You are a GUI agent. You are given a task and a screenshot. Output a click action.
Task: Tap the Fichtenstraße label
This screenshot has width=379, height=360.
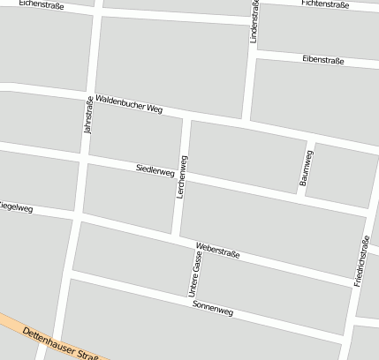(324, 4)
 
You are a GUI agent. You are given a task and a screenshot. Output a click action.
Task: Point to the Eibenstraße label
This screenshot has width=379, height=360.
(322, 60)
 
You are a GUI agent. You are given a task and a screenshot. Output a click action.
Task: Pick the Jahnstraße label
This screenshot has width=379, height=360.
(87, 115)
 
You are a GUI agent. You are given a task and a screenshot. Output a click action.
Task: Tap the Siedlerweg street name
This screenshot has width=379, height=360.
(155, 169)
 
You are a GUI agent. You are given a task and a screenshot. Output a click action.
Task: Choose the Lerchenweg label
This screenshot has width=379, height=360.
(183, 176)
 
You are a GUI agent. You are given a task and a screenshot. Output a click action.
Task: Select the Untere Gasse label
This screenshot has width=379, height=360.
(194, 273)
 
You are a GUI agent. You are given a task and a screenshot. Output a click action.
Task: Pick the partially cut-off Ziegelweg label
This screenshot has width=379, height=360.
(15, 209)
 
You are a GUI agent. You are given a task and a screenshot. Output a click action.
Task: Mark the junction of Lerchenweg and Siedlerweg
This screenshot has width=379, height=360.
(184, 176)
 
